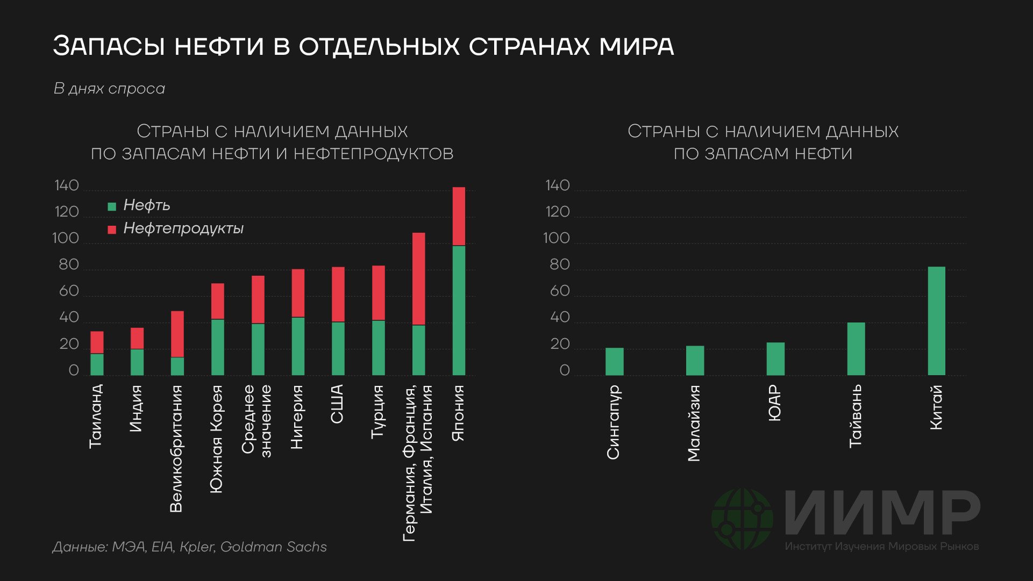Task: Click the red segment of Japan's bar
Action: point(459,216)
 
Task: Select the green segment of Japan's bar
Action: point(459,310)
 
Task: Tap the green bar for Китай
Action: point(936,321)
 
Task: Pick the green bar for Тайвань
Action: point(856,349)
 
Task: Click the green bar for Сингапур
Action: point(614,361)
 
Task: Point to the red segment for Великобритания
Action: point(177,334)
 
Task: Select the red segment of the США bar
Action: point(338,294)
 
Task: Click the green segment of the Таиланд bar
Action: point(97,364)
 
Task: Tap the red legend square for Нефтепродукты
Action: point(112,229)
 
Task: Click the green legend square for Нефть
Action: point(112,206)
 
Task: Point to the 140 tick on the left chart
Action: point(67,186)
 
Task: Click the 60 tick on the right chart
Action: point(559,291)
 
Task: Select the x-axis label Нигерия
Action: point(297,417)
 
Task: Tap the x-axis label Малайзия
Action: point(694,423)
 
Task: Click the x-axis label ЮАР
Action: point(774,403)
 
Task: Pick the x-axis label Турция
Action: point(378,411)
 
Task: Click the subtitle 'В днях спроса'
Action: point(109,89)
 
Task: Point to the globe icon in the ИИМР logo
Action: point(742,519)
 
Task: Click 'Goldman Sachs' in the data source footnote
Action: point(273,547)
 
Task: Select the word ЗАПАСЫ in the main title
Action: point(110,46)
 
